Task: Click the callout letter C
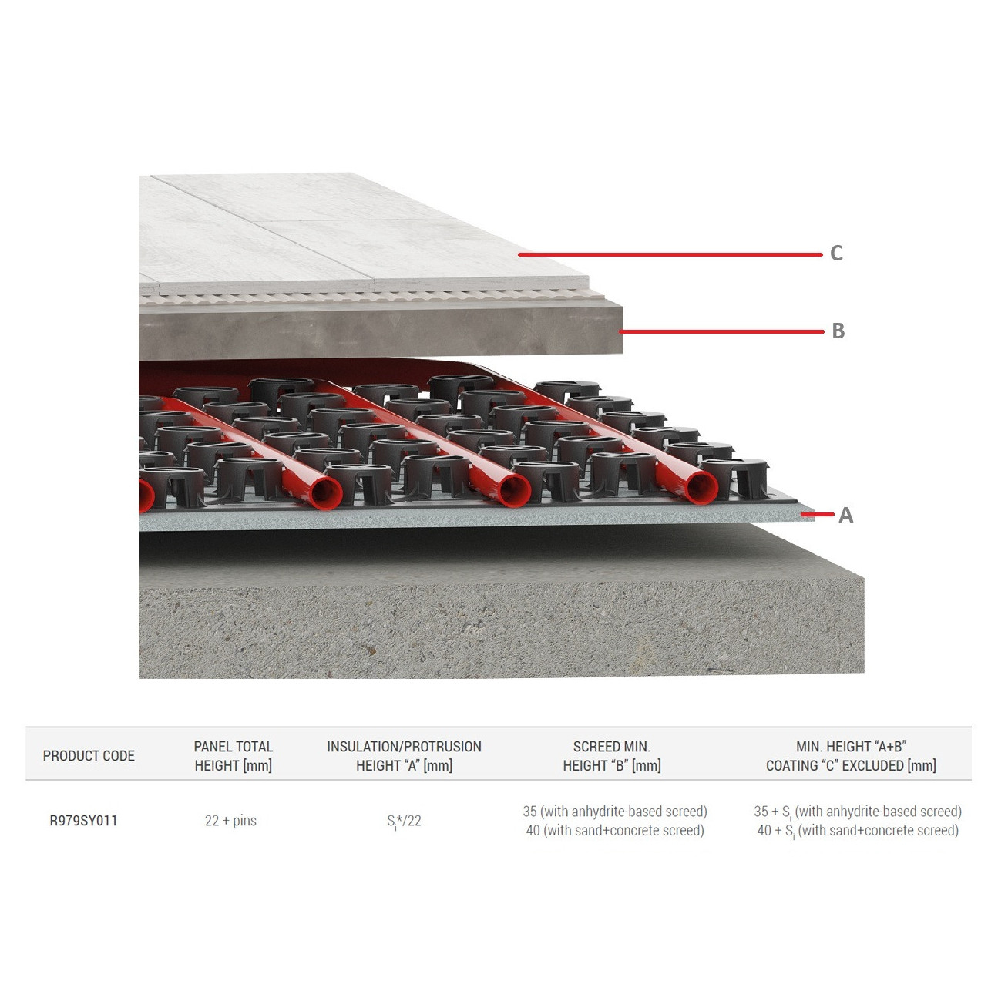[x=836, y=254]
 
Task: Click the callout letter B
[x=838, y=331]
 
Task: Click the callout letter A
[x=845, y=516]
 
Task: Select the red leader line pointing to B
[x=721, y=332]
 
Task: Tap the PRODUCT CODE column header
[x=89, y=756]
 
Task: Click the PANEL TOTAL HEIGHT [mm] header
[x=233, y=756]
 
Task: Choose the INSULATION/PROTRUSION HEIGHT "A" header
[x=404, y=756]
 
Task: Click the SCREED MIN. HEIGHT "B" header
[x=612, y=756]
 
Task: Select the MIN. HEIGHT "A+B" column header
[x=851, y=756]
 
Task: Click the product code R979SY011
[x=83, y=821]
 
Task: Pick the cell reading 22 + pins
[x=230, y=821]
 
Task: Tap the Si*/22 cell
[x=404, y=821]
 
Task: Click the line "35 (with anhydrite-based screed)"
[x=614, y=812]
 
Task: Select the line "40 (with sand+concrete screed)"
[x=614, y=831]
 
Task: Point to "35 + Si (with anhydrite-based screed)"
[x=857, y=812]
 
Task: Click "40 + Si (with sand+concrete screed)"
[x=857, y=831]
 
